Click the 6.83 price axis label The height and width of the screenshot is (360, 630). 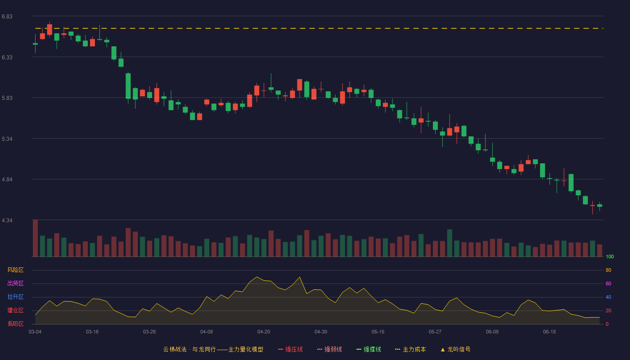pyautogui.click(x=7, y=17)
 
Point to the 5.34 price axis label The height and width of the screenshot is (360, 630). pyautogui.click(x=7, y=139)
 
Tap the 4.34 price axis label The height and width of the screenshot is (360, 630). pyautogui.click(x=7, y=220)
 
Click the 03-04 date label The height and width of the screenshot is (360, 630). pyautogui.click(x=35, y=332)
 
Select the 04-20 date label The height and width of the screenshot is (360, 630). pyautogui.click(x=264, y=332)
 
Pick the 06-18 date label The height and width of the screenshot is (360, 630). pyautogui.click(x=549, y=332)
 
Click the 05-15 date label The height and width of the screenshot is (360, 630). pyautogui.click(x=378, y=332)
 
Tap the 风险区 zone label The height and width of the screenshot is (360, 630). pyautogui.click(x=15, y=270)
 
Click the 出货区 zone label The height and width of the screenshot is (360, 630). pyautogui.click(x=15, y=283)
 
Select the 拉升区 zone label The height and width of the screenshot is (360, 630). pyautogui.click(x=15, y=297)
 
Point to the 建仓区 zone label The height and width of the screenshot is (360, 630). pyautogui.click(x=15, y=310)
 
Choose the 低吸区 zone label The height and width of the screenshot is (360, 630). pyautogui.click(x=15, y=324)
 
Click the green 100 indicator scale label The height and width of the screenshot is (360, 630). pyautogui.click(x=610, y=256)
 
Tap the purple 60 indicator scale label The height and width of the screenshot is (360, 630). pyautogui.click(x=608, y=283)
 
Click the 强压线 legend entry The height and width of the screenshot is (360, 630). pyautogui.click(x=290, y=349)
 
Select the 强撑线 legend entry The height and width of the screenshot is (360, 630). pyautogui.click(x=369, y=349)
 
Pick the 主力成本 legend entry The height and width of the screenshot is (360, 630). pyautogui.click(x=410, y=349)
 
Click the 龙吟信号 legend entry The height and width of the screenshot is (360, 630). pyautogui.click(x=455, y=349)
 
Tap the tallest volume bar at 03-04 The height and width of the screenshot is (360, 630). pyautogui.click(x=35, y=238)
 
